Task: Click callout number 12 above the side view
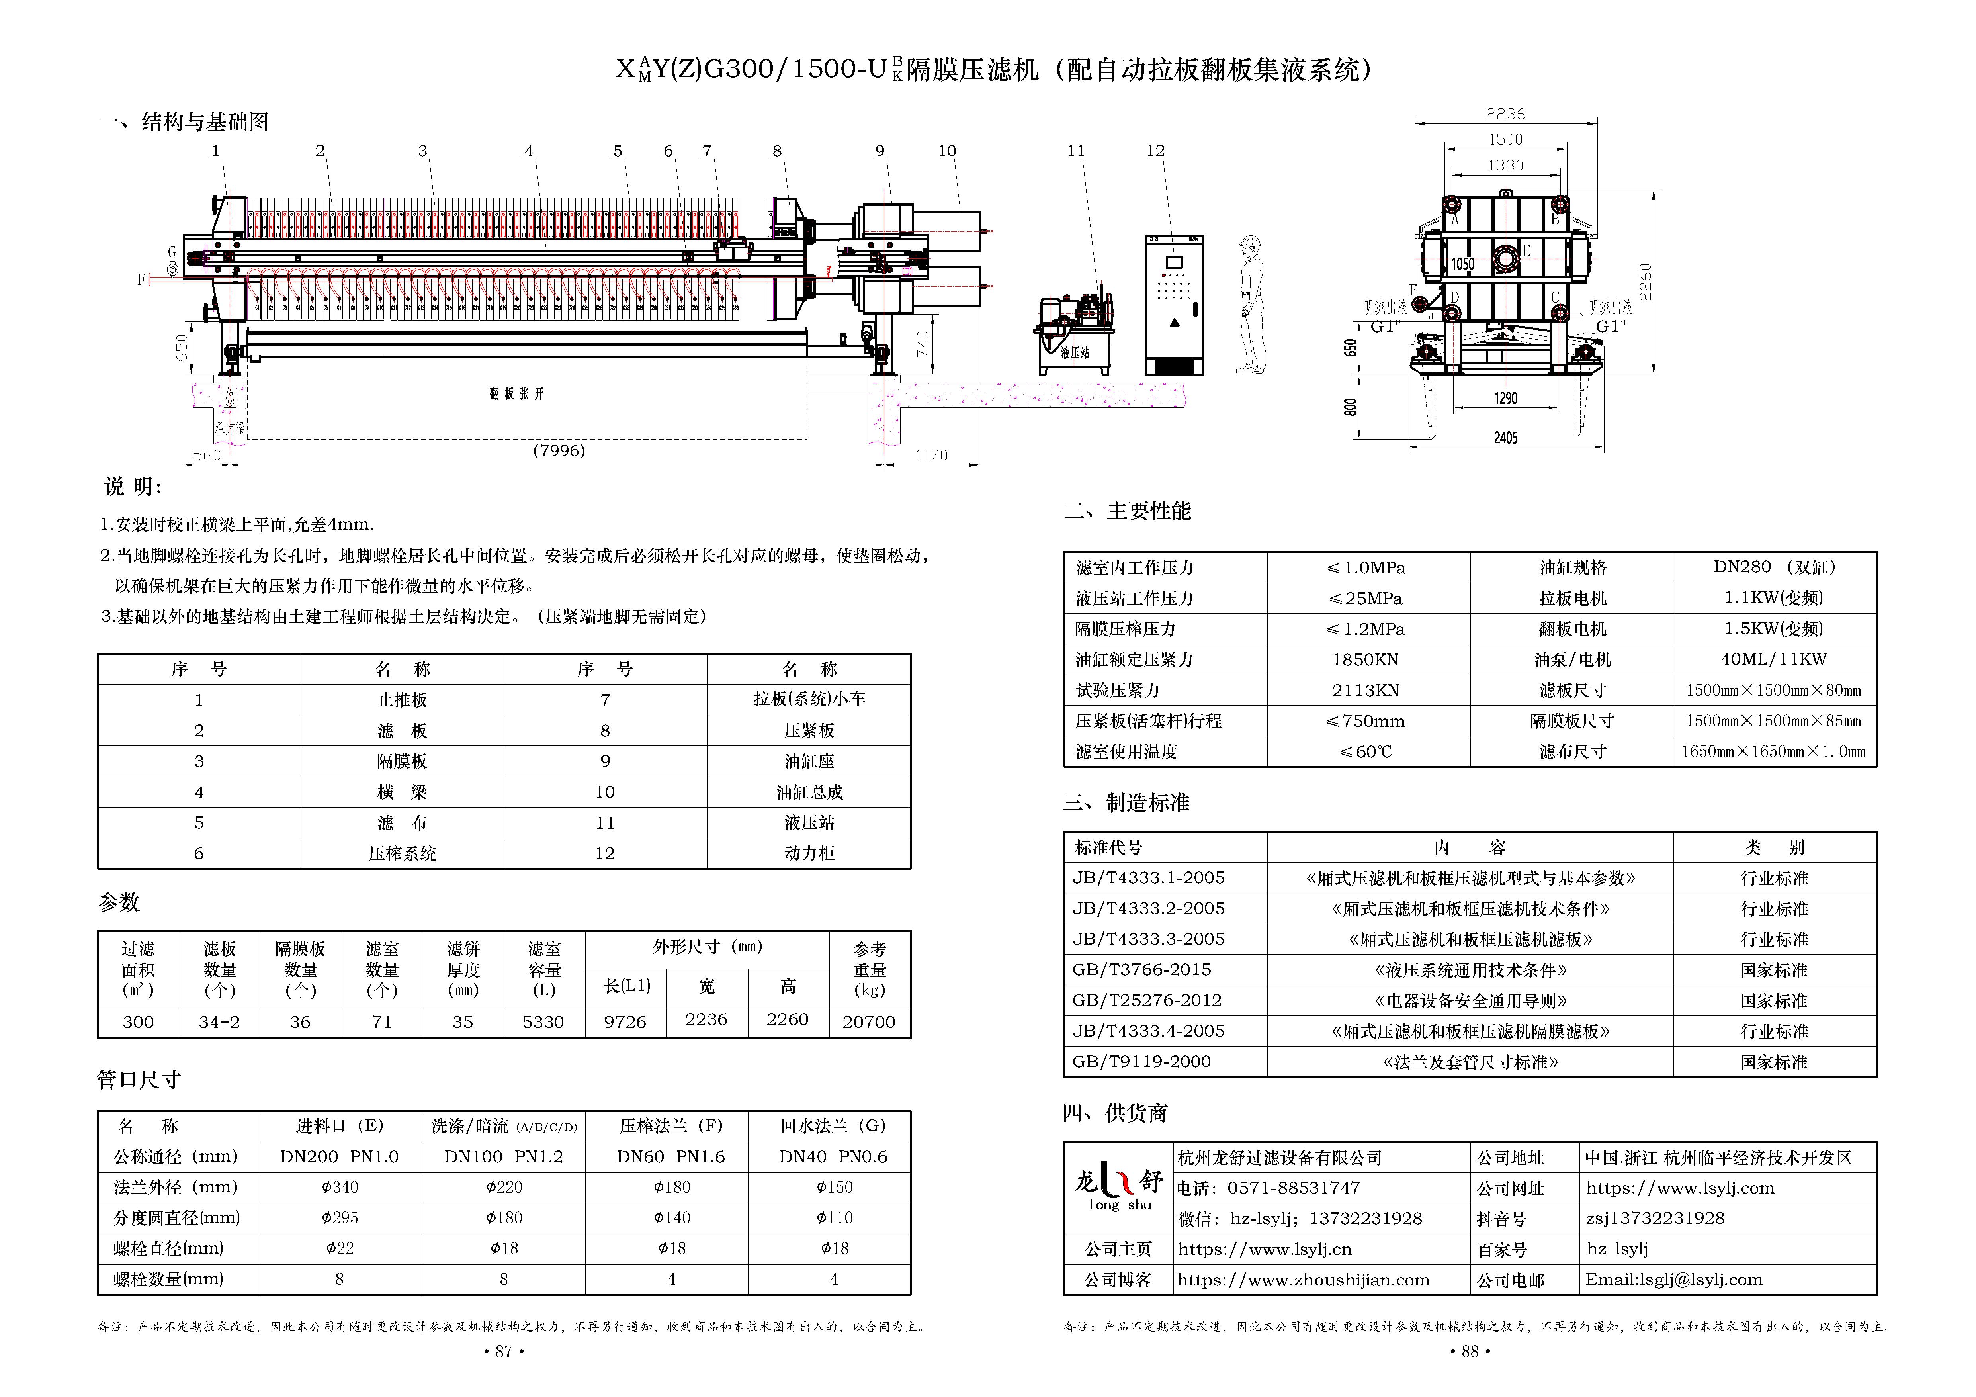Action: click(x=1155, y=151)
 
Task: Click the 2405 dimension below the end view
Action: click(x=1505, y=438)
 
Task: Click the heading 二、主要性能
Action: click(x=1128, y=511)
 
